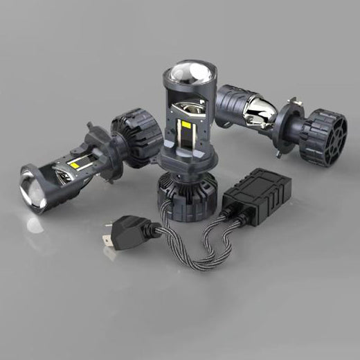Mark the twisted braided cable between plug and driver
pyautogui.click(x=201, y=249)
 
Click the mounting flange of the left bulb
pyautogui.click(x=104, y=138)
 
